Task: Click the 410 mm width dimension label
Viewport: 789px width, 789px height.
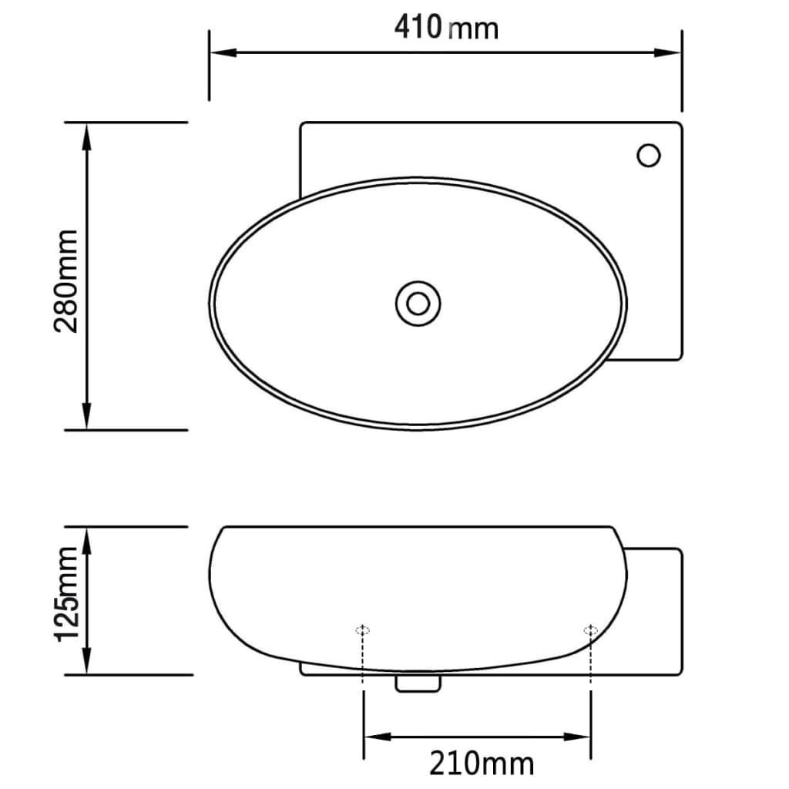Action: [446, 27]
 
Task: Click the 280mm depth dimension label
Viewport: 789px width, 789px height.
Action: [66, 280]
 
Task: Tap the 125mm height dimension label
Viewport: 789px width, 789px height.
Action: [66, 594]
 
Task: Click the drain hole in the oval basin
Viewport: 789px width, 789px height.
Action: [418, 302]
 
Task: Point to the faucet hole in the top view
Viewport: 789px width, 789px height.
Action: [648, 156]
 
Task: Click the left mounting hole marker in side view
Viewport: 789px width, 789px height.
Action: [363, 630]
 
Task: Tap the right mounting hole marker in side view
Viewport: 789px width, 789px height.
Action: [590, 630]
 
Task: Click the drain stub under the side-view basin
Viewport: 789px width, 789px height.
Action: [418, 682]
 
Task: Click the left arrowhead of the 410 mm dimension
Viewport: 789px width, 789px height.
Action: [219, 53]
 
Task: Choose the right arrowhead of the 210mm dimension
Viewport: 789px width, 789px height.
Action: [581, 736]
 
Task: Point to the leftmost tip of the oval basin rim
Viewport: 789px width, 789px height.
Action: [210, 300]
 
